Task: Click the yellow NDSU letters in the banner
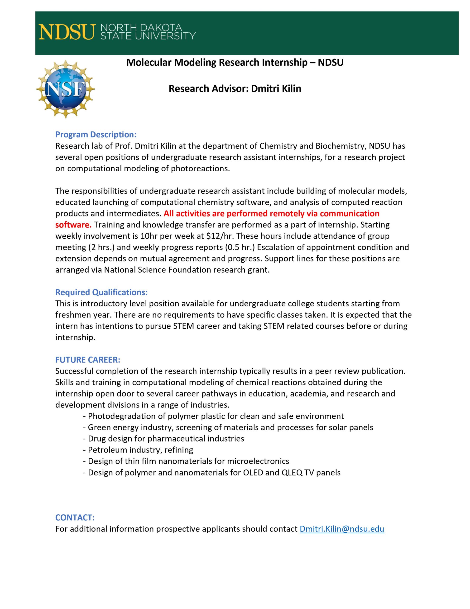pyautogui.click(x=66, y=32)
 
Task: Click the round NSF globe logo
pyautogui.click(x=66, y=89)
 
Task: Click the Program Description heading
pyautogui.click(x=96, y=134)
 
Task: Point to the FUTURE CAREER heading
pyautogui.click(x=88, y=360)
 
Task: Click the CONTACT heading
pyautogui.click(x=75, y=518)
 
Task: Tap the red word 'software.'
pyautogui.click(x=73, y=225)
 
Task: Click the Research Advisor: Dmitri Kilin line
pyautogui.click(x=235, y=89)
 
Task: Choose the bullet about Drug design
pyautogui.click(x=163, y=438)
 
